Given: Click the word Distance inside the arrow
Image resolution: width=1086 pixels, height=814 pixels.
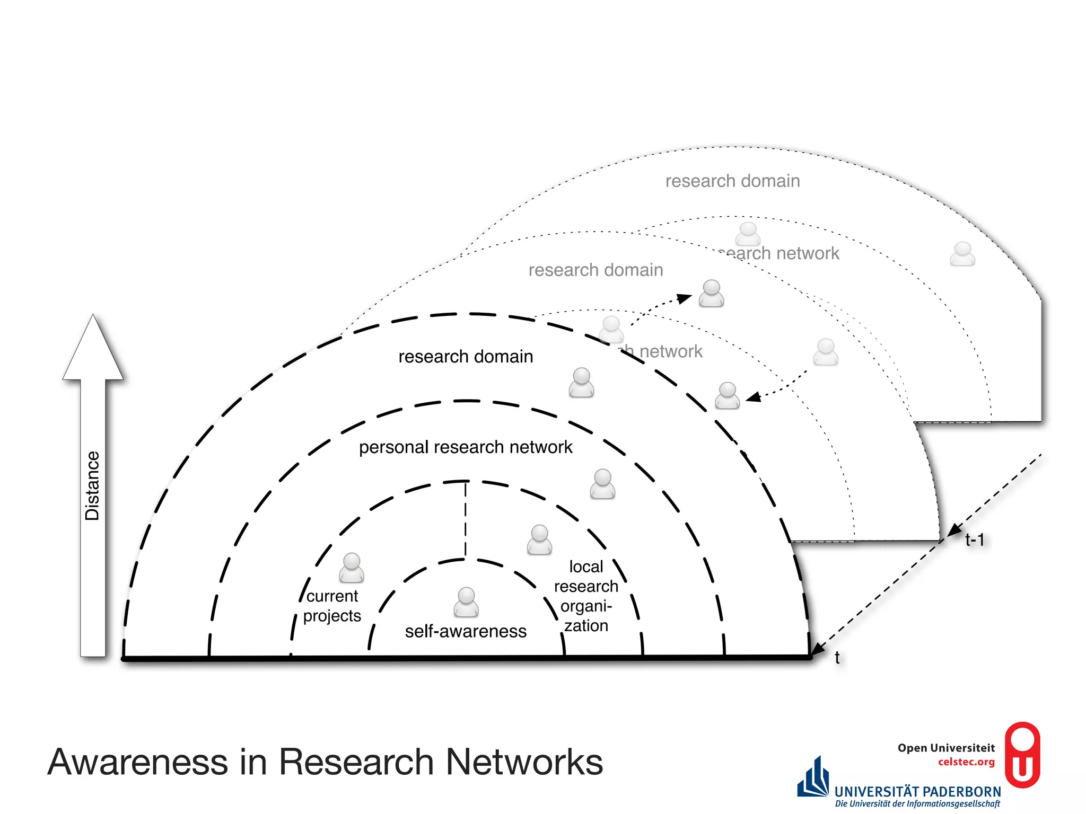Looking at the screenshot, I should click(x=92, y=485).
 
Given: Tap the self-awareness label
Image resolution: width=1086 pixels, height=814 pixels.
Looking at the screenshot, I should click(x=466, y=631).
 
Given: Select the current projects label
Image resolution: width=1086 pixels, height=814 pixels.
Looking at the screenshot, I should click(x=332, y=606).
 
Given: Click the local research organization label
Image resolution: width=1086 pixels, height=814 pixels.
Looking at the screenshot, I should click(x=586, y=596).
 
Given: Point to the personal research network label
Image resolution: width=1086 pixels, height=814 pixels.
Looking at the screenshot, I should click(x=466, y=447).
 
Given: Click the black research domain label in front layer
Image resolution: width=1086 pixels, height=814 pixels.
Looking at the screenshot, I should click(x=466, y=357).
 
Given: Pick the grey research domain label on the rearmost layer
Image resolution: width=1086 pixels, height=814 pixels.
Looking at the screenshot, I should click(x=732, y=181).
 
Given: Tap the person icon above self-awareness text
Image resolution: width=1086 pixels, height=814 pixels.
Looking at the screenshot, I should click(x=466, y=602).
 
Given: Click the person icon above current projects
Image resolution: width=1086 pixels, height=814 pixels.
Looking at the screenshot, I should click(x=352, y=568).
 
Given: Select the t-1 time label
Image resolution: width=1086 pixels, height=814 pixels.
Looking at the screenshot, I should click(x=975, y=540).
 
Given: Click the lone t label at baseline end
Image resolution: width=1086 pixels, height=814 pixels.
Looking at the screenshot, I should click(x=837, y=658).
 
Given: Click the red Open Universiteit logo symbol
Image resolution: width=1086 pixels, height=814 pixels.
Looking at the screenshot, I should click(x=1022, y=755).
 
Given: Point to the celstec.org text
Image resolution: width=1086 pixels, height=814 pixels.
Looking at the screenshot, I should click(x=966, y=762).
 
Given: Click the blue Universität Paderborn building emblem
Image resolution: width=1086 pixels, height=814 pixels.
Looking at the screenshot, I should click(x=813, y=778).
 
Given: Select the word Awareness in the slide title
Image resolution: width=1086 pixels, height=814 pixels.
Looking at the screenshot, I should click(x=138, y=762).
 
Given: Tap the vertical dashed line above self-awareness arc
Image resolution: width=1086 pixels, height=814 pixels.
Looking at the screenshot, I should click(x=466, y=519).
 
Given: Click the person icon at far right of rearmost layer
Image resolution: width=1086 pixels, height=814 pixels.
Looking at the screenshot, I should click(x=962, y=254).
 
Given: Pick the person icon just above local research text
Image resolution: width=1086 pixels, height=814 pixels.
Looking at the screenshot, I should click(x=539, y=539).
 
